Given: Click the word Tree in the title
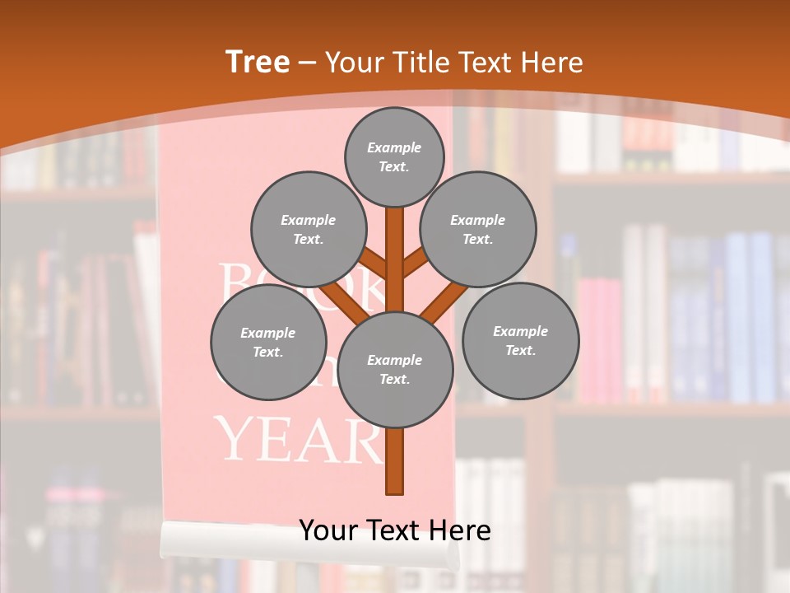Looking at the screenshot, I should (x=258, y=63).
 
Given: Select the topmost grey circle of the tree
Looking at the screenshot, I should (x=394, y=156).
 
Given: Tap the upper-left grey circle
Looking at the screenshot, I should (x=309, y=229).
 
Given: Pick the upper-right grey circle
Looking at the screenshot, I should (x=478, y=229).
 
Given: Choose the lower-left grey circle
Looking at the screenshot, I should (x=268, y=342).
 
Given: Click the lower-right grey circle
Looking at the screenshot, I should (x=520, y=340).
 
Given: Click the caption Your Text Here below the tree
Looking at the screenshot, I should (x=395, y=530).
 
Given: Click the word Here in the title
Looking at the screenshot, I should (x=551, y=63).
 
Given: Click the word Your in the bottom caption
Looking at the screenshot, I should (x=328, y=530).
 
